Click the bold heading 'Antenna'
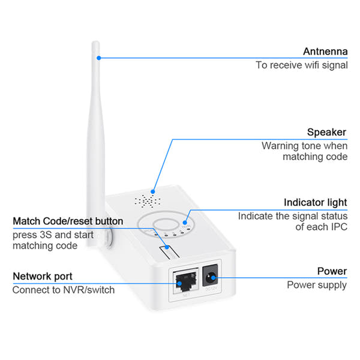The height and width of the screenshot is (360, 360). (325, 51)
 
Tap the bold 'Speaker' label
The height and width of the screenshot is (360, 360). (326, 132)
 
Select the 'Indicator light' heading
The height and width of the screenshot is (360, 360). (315, 203)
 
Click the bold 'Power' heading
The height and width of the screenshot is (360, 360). (332, 272)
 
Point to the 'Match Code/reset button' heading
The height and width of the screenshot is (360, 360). (68, 221)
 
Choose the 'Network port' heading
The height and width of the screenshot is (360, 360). (43, 276)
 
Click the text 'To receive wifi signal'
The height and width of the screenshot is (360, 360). (301, 65)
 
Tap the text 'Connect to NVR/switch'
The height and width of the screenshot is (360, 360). (64, 290)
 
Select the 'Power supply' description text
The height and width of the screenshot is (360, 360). (316, 285)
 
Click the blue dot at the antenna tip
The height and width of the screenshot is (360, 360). (98, 58)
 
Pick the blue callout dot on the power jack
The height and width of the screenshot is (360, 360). (215, 277)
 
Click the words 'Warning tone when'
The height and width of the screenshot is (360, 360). (304, 146)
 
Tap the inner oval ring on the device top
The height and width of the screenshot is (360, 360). (163, 227)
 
